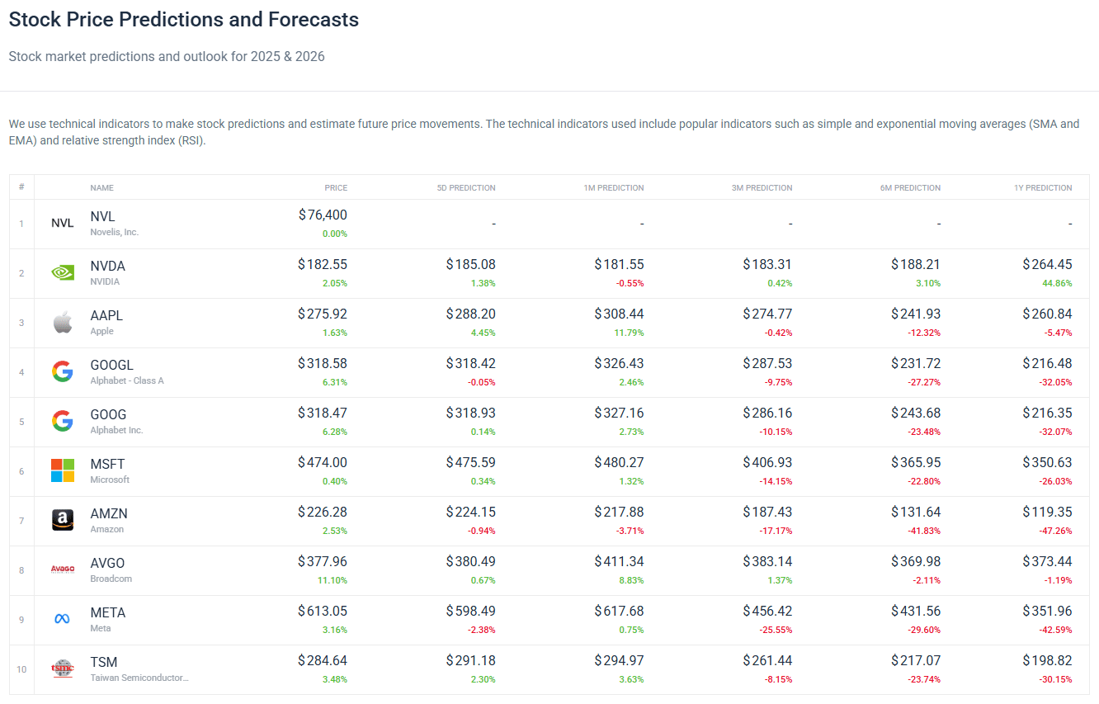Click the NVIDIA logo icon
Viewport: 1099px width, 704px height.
point(63,272)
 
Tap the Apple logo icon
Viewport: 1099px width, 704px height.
point(63,322)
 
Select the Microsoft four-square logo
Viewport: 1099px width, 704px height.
point(63,470)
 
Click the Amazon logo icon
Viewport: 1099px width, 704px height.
point(63,520)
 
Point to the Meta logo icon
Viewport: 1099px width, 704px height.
point(63,619)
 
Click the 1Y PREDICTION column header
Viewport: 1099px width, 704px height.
point(1043,187)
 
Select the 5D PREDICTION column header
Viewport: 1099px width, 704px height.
point(466,187)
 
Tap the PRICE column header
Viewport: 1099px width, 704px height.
point(336,187)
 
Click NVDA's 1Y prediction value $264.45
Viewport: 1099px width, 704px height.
point(1047,265)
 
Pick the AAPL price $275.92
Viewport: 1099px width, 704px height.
point(323,314)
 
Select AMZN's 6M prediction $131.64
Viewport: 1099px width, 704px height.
point(915,513)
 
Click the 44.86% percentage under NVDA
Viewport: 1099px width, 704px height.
point(1058,283)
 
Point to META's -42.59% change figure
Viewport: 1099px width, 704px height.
point(1056,630)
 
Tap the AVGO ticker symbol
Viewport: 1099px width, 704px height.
point(107,563)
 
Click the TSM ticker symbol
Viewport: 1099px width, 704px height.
point(104,662)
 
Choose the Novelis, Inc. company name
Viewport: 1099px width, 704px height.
point(115,232)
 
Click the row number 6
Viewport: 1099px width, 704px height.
point(21,471)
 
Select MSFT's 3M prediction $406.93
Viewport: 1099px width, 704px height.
point(767,463)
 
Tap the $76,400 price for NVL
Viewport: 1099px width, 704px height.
point(323,215)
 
